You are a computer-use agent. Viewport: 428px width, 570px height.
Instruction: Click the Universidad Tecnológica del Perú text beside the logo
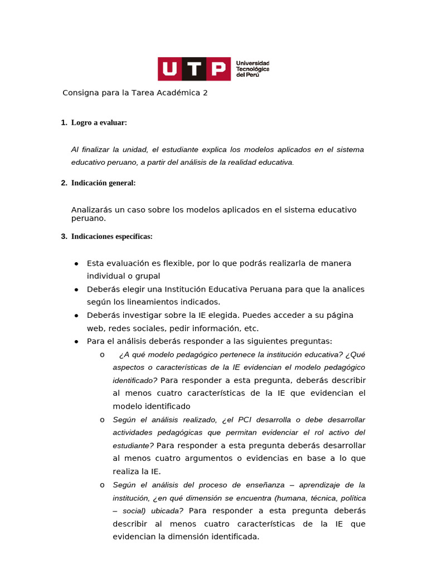[252, 69]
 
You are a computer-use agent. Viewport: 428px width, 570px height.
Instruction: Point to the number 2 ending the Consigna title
[205, 93]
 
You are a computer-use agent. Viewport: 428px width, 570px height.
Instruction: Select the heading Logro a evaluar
[99, 122]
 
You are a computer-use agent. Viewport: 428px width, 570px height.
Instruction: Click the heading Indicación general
[103, 183]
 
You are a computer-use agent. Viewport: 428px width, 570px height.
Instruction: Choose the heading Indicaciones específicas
[111, 237]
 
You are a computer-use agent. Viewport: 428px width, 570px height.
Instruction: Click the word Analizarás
[91, 210]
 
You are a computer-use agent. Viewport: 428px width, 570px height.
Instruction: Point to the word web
[95, 328]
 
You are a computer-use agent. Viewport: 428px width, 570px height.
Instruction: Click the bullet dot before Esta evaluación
[76, 264]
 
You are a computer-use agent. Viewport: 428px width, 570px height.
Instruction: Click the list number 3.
[63, 237]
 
